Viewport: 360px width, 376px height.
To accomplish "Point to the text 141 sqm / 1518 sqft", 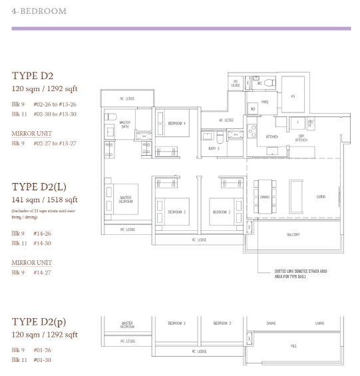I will [45, 199].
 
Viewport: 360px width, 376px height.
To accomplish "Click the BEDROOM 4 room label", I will [176, 123].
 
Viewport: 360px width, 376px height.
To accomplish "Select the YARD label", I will [264, 102].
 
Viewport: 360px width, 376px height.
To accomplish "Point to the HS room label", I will [292, 96].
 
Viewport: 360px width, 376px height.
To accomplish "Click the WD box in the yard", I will [253, 108].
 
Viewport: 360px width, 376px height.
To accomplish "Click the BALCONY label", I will [293, 234].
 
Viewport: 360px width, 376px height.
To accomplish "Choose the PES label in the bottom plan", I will [293, 346].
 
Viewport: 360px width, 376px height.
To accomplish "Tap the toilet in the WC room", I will [268, 83].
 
